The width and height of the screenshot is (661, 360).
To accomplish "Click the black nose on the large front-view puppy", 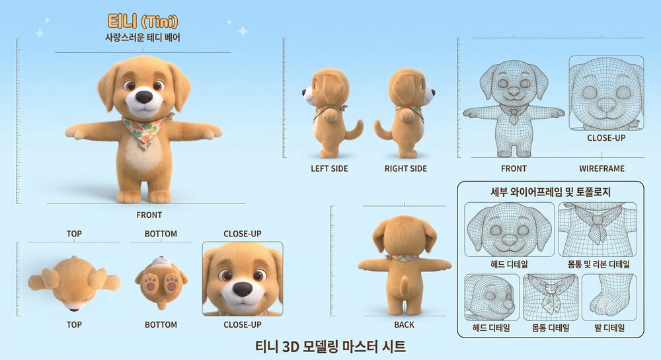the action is coord(144,96).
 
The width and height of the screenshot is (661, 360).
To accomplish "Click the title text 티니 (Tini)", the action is coord(143,21).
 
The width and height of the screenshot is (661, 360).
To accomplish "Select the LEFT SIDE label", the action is coord(329,168).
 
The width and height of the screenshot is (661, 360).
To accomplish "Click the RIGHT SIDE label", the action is coord(406,168).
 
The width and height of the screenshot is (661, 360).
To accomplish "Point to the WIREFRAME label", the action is coord(602,168).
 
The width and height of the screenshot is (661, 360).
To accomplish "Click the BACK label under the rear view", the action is coord(404,324).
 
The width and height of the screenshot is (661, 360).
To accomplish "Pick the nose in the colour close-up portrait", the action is coord(242,289).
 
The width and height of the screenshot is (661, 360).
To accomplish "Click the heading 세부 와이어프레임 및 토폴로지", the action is coord(551,192).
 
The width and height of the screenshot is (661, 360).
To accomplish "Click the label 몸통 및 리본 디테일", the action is coord(599,264).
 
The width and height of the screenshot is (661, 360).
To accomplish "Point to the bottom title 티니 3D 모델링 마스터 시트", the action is coord(330,347).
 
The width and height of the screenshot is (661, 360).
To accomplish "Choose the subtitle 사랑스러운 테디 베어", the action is coord(143,38).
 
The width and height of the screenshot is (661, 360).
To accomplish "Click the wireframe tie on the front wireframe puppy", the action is coord(514,115).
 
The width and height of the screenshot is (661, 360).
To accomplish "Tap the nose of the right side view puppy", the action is coord(433,92).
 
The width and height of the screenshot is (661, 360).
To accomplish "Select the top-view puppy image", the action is coord(74,283).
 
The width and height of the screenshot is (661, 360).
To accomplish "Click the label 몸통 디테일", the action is coord(551,328).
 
